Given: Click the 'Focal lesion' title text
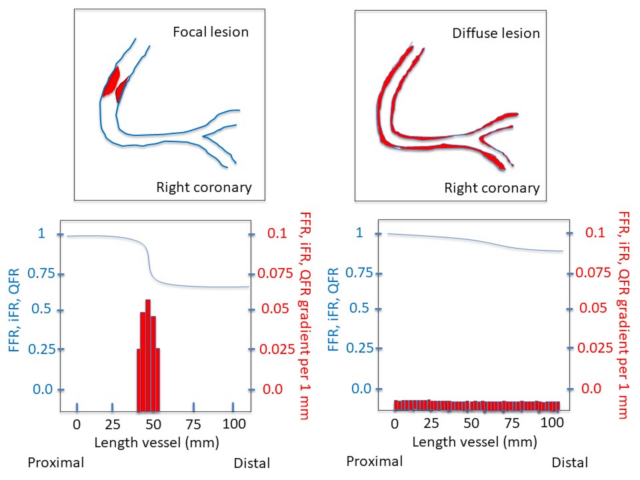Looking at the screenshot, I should [x=211, y=32].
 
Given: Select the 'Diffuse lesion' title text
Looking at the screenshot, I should [x=496, y=33].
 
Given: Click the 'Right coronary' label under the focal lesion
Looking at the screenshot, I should [x=204, y=188].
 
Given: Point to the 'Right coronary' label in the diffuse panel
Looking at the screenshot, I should [x=492, y=188].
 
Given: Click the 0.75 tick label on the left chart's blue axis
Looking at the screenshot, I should [x=41, y=273].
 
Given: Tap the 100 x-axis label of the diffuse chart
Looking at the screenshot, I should [x=552, y=423].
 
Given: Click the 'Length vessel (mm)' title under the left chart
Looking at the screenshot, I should [x=157, y=443].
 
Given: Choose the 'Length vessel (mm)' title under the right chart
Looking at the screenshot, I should [x=474, y=442].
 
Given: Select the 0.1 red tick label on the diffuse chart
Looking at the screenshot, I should [x=595, y=233].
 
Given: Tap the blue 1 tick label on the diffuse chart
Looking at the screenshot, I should [x=359, y=233].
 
